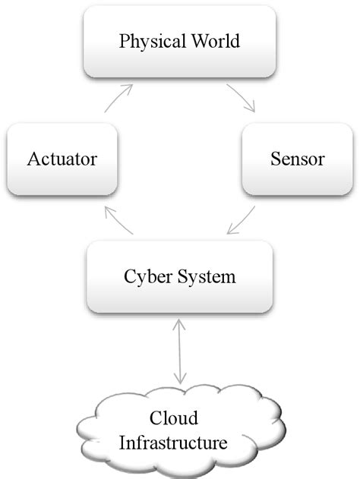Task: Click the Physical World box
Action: click(x=179, y=42)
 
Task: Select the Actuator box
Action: click(x=61, y=160)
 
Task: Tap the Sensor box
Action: click(x=297, y=160)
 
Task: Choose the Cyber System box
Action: click(x=179, y=276)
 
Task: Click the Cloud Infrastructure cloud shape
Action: click(x=179, y=429)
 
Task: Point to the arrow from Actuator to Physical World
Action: click(x=119, y=99)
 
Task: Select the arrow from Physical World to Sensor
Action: click(x=240, y=99)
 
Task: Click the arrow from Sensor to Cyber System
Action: click(x=242, y=221)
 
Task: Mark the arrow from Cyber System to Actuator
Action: click(x=120, y=219)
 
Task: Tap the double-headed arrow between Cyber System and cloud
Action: click(x=180, y=350)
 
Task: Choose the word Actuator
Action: click(x=61, y=160)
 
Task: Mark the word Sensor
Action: click(x=297, y=160)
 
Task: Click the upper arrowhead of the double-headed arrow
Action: click(x=180, y=323)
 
